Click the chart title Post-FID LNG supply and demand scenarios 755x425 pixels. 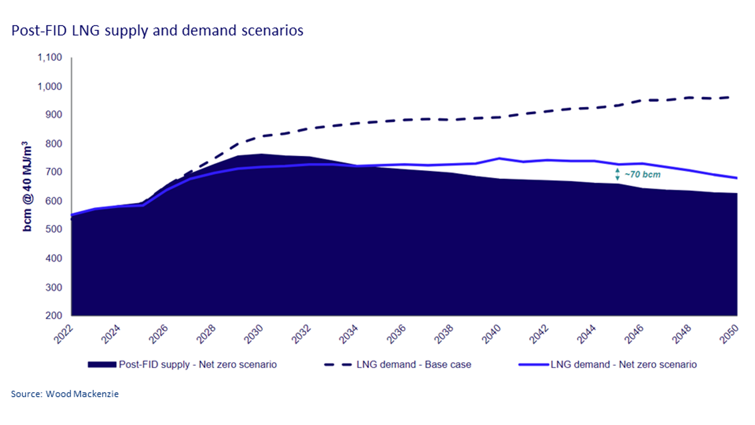pyautogui.click(x=157, y=31)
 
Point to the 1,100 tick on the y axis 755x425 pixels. pyautogui.click(x=50, y=58)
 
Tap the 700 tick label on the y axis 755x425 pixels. pyautogui.click(x=54, y=172)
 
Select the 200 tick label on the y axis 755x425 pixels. pyautogui.click(x=54, y=315)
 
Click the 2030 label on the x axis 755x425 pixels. pyautogui.click(x=253, y=334)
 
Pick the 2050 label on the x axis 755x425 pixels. pyautogui.click(x=729, y=334)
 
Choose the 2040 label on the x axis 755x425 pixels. pyautogui.click(x=491, y=334)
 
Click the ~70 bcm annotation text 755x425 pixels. pyautogui.click(x=642, y=175)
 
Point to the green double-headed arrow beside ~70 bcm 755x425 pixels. pyautogui.click(x=617, y=174)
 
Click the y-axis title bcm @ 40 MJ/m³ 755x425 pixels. pyautogui.click(x=27, y=186)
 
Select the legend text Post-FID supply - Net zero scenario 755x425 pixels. pyautogui.click(x=198, y=365)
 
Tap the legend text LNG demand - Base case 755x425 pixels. pyautogui.click(x=414, y=365)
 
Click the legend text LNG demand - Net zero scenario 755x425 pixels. pyautogui.click(x=623, y=365)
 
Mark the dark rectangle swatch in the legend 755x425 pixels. pyautogui.click(x=102, y=365)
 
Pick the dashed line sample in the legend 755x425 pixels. pyautogui.click(x=338, y=365)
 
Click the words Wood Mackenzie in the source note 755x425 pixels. pyautogui.click(x=82, y=394)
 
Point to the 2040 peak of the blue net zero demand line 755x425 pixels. pyautogui.click(x=499, y=158)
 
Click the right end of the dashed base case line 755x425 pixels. pyautogui.click(x=730, y=97)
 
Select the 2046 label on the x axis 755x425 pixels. pyautogui.click(x=634, y=334)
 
